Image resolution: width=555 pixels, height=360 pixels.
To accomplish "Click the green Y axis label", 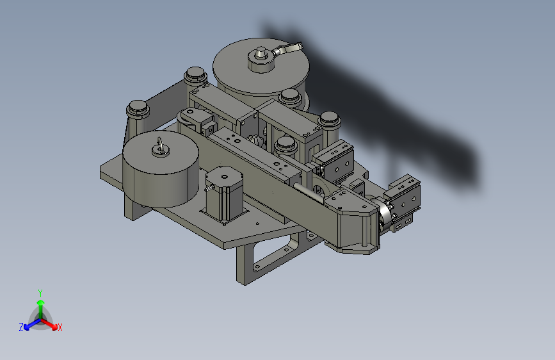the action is pyautogui.click(x=40, y=293).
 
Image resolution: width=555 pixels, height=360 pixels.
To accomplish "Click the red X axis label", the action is pyautogui.click(x=60, y=327).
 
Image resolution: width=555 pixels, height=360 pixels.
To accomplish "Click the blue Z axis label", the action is pyautogui.click(x=21, y=327).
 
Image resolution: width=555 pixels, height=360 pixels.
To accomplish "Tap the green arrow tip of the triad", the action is pyautogui.click(x=41, y=303).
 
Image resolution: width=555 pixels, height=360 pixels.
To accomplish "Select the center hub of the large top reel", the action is pyautogui.click(x=261, y=59).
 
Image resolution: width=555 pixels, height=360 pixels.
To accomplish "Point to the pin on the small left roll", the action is pyautogui.click(x=159, y=145).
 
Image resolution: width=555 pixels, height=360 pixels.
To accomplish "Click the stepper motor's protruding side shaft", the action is pyautogui.click(x=209, y=188).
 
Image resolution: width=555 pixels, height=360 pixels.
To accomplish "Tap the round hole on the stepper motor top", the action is pyautogui.click(x=225, y=176).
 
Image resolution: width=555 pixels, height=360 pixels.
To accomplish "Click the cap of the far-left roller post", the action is pyautogui.click(x=138, y=108).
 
